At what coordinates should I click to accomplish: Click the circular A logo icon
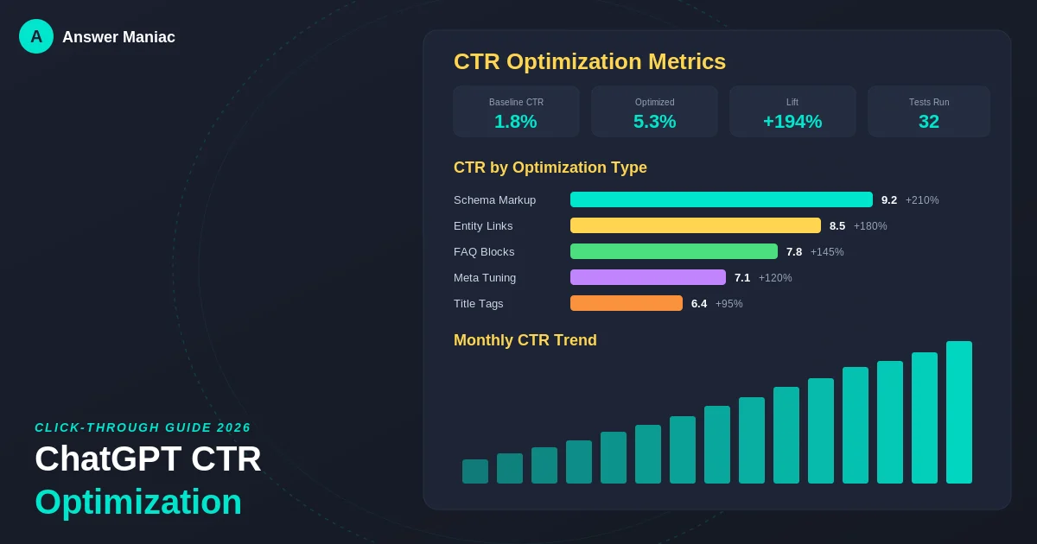36,36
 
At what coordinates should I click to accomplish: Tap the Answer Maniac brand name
118,37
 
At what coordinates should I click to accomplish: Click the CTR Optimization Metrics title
589,61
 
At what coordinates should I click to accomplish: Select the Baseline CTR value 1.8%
516,122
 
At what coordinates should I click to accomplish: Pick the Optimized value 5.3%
654,122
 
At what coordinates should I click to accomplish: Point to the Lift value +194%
792,122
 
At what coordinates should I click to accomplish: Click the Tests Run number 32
929,122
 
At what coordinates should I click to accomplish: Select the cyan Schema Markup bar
722,199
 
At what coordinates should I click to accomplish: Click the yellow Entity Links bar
696,225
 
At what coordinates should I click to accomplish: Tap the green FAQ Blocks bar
674,251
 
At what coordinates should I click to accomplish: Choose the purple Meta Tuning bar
648,277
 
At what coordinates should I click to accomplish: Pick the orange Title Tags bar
627,303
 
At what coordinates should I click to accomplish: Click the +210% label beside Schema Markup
922,200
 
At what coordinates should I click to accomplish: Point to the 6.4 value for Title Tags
699,303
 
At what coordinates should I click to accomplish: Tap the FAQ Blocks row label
484,251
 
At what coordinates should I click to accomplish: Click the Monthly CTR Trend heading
525,340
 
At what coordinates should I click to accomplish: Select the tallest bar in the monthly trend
959,413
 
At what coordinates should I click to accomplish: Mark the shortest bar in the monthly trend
475,471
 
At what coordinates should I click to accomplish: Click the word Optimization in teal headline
138,502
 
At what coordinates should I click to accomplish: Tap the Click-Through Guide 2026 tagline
143,427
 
